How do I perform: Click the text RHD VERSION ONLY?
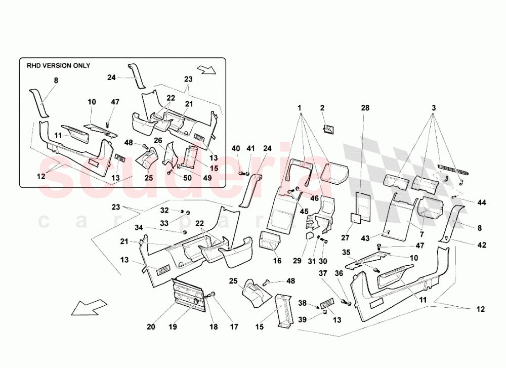[58, 66]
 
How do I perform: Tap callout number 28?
[365, 108]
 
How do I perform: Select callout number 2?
[322, 108]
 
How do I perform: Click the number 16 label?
[277, 261]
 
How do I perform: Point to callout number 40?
[236, 148]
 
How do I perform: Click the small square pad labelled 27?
[357, 219]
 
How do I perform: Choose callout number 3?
[433, 108]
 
